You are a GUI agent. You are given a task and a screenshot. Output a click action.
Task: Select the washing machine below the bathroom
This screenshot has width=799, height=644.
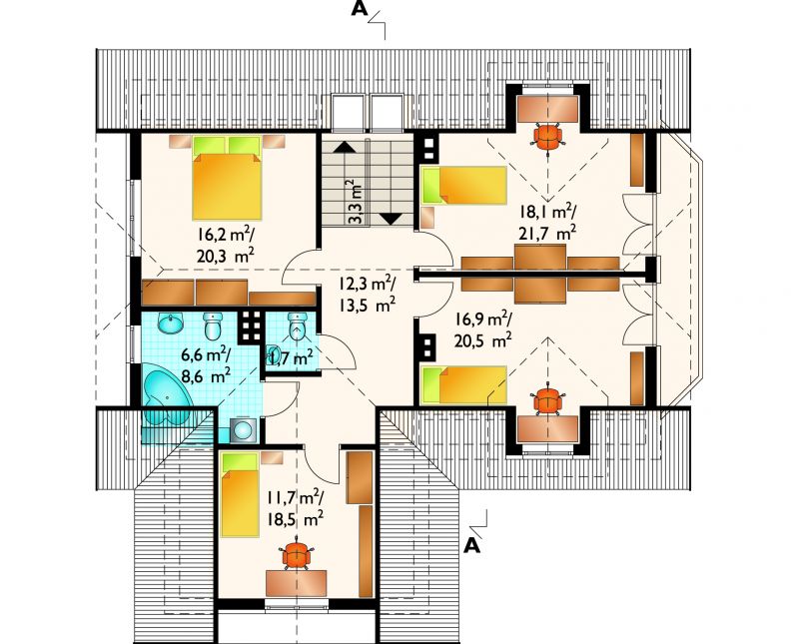pyautogui.click(x=244, y=429)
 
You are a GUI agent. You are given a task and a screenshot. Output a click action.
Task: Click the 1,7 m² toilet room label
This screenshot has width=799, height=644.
pyautogui.click(x=290, y=359)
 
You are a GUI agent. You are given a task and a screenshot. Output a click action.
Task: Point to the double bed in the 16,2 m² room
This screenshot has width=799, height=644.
pyautogui.click(x=228, y=178)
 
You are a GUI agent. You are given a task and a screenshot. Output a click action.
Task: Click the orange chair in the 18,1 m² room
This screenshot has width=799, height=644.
pyautogui.click(x=547, y=136)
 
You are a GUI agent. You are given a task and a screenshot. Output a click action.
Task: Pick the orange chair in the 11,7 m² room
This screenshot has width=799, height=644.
pyautogui.click(x=297, y=555)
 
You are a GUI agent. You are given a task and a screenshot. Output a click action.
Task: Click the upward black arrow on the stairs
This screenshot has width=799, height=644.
pyautogui.click(x=345, y=147)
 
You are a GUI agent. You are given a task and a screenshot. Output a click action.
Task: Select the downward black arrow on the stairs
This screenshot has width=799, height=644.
pyautogui.click(x=392, y=219)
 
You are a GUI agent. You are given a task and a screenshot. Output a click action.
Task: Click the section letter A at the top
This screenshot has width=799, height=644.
pyautogui.click(x=360, y=9)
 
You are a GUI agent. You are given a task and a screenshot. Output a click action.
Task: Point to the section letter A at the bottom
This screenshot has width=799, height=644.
pyautogui.click(x=472, y=546)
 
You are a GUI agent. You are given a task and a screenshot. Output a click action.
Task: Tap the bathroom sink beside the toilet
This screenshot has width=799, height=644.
pyautogui.click(x=170, y=323)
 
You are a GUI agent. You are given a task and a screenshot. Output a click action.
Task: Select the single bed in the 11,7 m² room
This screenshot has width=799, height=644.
pyautogui.click(x=240, y=494)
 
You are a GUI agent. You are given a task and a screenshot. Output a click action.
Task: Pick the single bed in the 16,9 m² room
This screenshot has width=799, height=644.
pyautogui.click(x=463, y=385)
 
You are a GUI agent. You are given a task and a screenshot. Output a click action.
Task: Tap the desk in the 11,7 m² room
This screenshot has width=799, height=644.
pyautogui.click(x=296, y=583)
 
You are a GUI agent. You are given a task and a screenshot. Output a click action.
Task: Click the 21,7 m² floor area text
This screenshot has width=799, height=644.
pyautogui.click(x=547, y=234)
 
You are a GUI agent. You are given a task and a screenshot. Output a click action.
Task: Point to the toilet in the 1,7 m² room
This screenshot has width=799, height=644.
pyautogui.click(x=296, y=326)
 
